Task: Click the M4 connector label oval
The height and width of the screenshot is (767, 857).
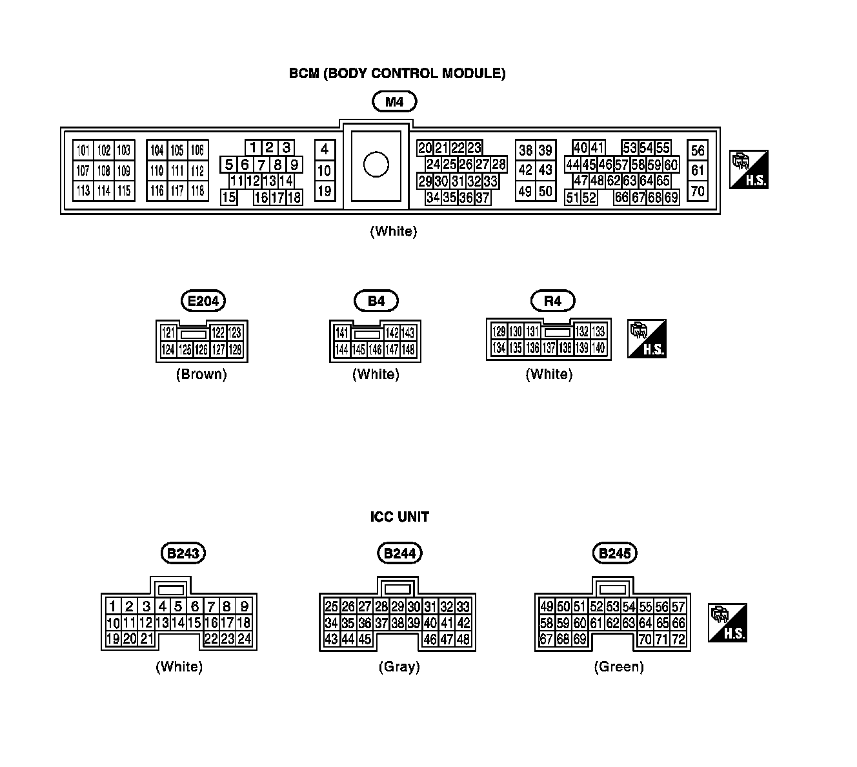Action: [394, 101]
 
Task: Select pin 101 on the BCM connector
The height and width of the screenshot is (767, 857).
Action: [83, 150]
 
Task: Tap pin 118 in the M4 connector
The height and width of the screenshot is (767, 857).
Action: [197, 190]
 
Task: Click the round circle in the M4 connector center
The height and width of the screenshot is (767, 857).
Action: [376, 164]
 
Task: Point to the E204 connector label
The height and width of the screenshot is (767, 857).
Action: [203, 301]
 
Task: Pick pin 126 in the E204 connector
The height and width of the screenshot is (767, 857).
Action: [201, 350]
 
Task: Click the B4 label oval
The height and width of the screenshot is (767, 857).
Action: [376, 301]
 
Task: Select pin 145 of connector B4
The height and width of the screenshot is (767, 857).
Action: [359, 350]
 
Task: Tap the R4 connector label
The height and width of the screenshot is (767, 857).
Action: [552, 301]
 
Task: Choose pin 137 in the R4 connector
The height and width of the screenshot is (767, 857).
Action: [549, 348]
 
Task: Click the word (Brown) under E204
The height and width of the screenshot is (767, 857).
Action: [201, 374]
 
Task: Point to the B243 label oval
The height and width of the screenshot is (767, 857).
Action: [183, 553]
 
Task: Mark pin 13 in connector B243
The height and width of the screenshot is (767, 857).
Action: [162, 623]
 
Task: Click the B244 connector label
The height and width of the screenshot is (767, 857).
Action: [399, 553]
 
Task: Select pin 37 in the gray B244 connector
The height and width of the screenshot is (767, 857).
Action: [381, 623]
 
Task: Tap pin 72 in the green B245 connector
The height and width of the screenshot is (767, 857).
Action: [678, 640]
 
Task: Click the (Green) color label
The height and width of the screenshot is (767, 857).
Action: [619, 667]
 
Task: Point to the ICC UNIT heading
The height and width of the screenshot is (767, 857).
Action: [399, 516]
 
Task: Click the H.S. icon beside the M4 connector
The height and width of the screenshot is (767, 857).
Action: [749, 170]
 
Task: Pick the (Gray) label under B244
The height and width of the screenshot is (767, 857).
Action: [399, 667]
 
